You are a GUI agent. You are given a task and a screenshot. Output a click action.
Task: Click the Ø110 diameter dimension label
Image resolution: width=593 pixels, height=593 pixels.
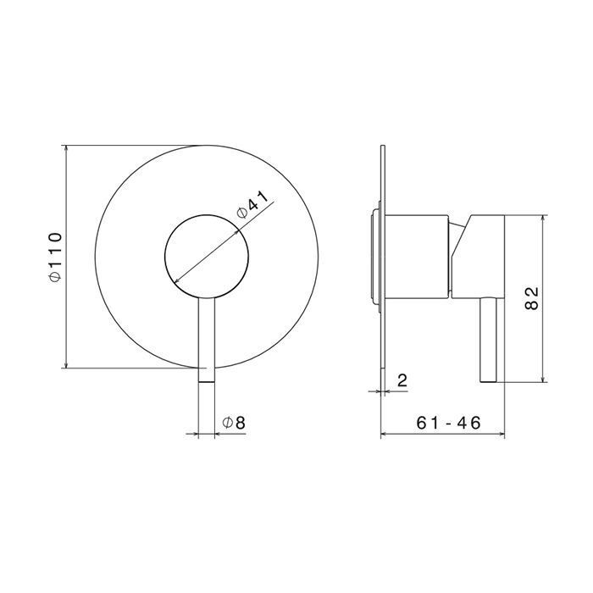(x=55, y=257)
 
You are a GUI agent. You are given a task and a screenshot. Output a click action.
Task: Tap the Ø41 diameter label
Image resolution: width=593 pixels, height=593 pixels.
(x=252, y=205)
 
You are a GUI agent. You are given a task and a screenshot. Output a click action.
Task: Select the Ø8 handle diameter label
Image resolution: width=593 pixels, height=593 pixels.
(x=234, y=423)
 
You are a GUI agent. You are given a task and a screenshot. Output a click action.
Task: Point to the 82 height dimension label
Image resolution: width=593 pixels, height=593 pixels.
(x=532, y=298)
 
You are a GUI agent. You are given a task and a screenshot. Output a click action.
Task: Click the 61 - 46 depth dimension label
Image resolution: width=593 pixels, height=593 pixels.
(x=448, y=423)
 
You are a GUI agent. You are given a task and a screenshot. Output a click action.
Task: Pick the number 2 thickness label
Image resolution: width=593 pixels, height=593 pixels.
(x=402, y=380)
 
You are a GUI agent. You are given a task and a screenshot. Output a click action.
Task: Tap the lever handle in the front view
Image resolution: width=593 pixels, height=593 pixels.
(x=207, y=340)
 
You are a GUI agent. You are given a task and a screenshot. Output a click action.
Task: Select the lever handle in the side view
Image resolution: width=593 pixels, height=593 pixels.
(x=488, y=340)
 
